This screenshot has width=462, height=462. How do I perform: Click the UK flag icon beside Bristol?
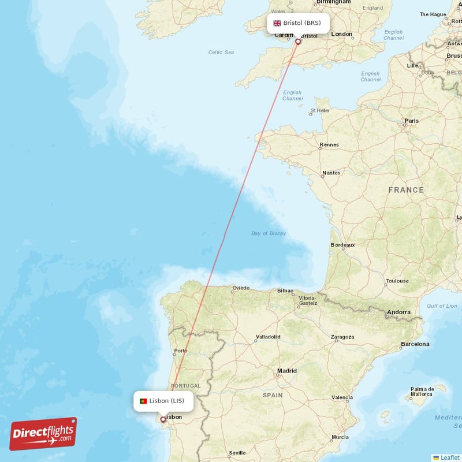coord(277,23)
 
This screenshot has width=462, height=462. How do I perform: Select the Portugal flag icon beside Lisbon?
coord(143,401)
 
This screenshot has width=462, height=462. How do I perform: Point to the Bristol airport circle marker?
coord(298,42)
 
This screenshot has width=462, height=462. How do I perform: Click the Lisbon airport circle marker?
coord(163,420)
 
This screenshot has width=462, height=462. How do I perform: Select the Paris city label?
coord(412,121)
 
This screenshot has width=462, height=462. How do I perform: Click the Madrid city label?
coord(286,371)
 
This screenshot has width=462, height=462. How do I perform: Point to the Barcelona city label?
coord(415,344)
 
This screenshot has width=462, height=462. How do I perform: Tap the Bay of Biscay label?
coord(268,233)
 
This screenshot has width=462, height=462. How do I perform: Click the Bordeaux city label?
coord(342,245)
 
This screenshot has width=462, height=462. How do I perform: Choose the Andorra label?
coord(398,312)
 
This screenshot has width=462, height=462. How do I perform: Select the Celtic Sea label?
coord(221,53)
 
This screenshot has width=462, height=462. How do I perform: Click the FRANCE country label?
coord(406,190)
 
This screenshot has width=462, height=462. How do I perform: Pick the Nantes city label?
coord(331,173)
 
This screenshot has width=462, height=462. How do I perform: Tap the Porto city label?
coord(181,351)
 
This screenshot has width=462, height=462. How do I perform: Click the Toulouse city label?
coord(397,281)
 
